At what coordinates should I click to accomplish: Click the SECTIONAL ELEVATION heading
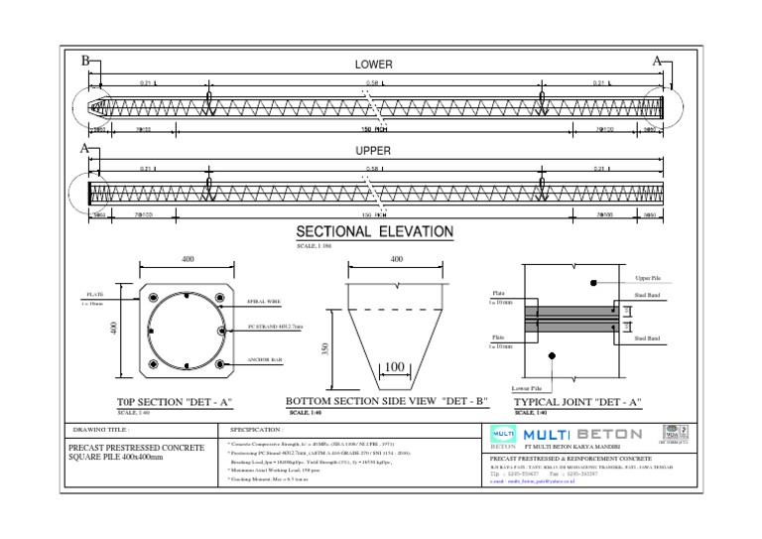coord(376,232)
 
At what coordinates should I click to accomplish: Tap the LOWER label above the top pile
coord(374,65)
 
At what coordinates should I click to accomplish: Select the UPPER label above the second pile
coord(374,152)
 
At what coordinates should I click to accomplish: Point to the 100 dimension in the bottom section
coord(395,367)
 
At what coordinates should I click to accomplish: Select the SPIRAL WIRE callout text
coord(263,300)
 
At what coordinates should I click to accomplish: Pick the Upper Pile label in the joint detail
coord(648,279)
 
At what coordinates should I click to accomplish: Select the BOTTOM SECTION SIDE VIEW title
coord(387,404)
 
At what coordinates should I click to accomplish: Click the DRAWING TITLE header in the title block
coord(101,429)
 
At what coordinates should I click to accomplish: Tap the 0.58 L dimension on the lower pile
coord(373,83)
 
